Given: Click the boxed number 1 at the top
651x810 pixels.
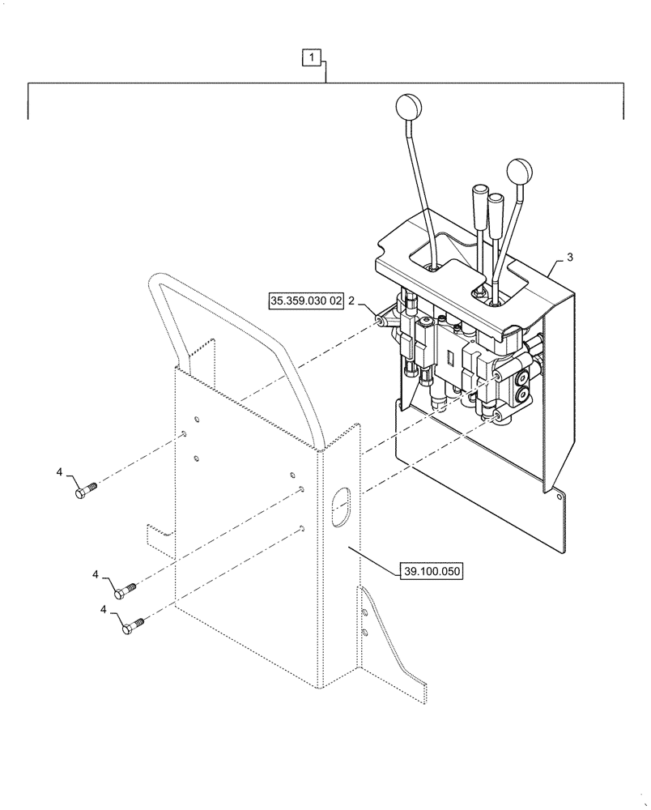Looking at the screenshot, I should coord(313,58).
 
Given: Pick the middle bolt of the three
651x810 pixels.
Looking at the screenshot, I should coord(126,590).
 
